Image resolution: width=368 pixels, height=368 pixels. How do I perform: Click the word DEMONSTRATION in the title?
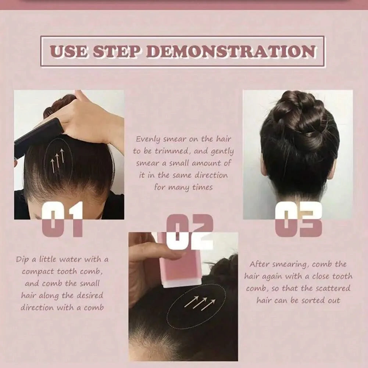point(231,51)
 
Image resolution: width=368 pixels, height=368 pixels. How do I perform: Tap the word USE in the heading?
point(69,51)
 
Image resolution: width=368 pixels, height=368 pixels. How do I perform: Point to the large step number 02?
point(190,232)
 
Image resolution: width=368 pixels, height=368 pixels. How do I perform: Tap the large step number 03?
point(298,219)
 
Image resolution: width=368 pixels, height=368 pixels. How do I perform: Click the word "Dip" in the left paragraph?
point(22,260)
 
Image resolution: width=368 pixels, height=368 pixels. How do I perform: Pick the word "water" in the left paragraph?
point(71,260)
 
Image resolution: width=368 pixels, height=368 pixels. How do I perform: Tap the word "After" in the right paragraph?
point(259,264)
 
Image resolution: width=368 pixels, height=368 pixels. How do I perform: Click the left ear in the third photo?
point(263,165)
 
